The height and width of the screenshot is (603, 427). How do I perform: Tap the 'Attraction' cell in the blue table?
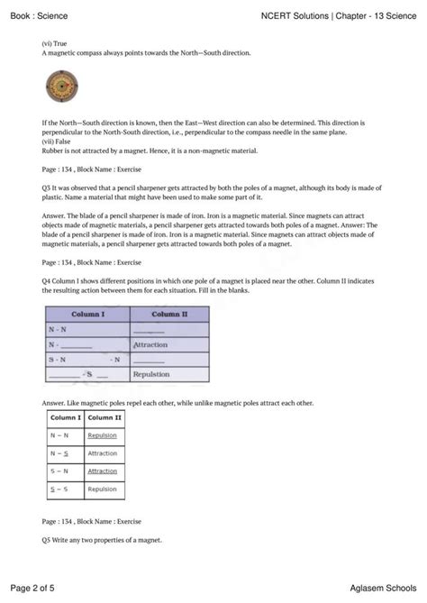[x=150, y=344]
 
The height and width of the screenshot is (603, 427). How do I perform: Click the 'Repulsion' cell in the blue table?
[x=150, y=372]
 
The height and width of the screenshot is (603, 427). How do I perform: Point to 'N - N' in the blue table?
[x=58, y=330]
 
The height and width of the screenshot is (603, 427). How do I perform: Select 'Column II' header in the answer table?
[x=104, y=418]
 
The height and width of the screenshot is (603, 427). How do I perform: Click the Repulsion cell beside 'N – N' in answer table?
[x=103, y=435]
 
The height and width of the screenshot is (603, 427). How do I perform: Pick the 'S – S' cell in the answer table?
[x=60, y=489]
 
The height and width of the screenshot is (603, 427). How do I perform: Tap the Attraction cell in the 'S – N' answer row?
[x=103, y=471]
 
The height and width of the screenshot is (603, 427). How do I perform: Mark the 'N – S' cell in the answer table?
[x=60, y=453]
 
